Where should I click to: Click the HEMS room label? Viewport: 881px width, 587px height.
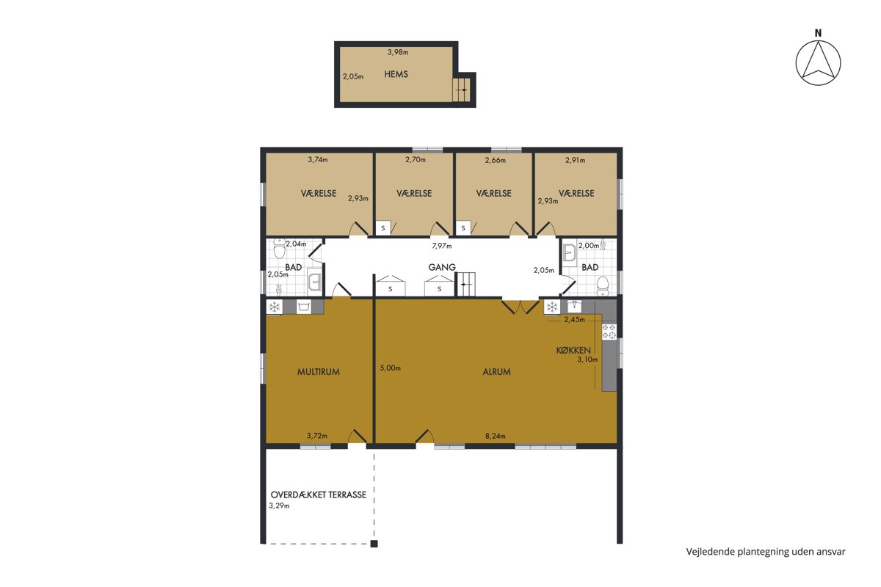pyautogui.click(x=396, y=74)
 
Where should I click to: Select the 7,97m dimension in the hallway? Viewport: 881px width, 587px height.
pyautogui.click(x=442, y=246)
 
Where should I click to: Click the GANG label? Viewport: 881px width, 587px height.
pyautogui.click(x=442, y=267)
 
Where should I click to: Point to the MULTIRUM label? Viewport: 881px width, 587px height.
pyautogui.click(x=318, y=372)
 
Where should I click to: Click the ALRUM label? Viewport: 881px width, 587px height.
pyautogui.click(x=496, y=372)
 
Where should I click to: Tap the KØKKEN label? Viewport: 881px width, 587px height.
pyautogui.click(x=573, y=350)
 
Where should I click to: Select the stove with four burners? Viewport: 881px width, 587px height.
pyautogui.click(x=609, y=332)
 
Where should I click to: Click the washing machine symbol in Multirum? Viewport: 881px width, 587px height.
pyautogui.click(x=304, y=307)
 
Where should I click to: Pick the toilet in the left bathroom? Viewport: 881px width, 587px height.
pyautogui.click(x=279, y=249)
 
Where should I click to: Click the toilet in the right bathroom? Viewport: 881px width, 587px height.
pyautogui.click(x=603, y=286)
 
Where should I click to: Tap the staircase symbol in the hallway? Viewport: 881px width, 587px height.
pyautogui.click(x=466, y=284)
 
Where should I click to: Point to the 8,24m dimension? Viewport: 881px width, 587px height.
pyautogui.click(x=495, y=436)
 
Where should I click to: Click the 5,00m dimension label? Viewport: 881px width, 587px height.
pyautogui.click(x=390, y=368)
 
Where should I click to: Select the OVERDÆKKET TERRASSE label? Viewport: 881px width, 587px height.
pyautogui.click(x=318, y=495)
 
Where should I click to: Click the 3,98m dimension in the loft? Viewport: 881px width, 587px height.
pyautogui.click(x=398, y=52)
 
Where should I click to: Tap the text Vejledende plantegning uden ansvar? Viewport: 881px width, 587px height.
pyautogui.click(x=766, y=552)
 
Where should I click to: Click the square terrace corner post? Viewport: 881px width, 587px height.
pyautogui.click(x=374, y=544)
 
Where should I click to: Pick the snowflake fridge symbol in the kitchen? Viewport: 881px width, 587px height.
pyautogui.click(x=552, y=307)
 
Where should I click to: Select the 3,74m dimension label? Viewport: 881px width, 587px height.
pyautogui.click(x=317, y=160)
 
